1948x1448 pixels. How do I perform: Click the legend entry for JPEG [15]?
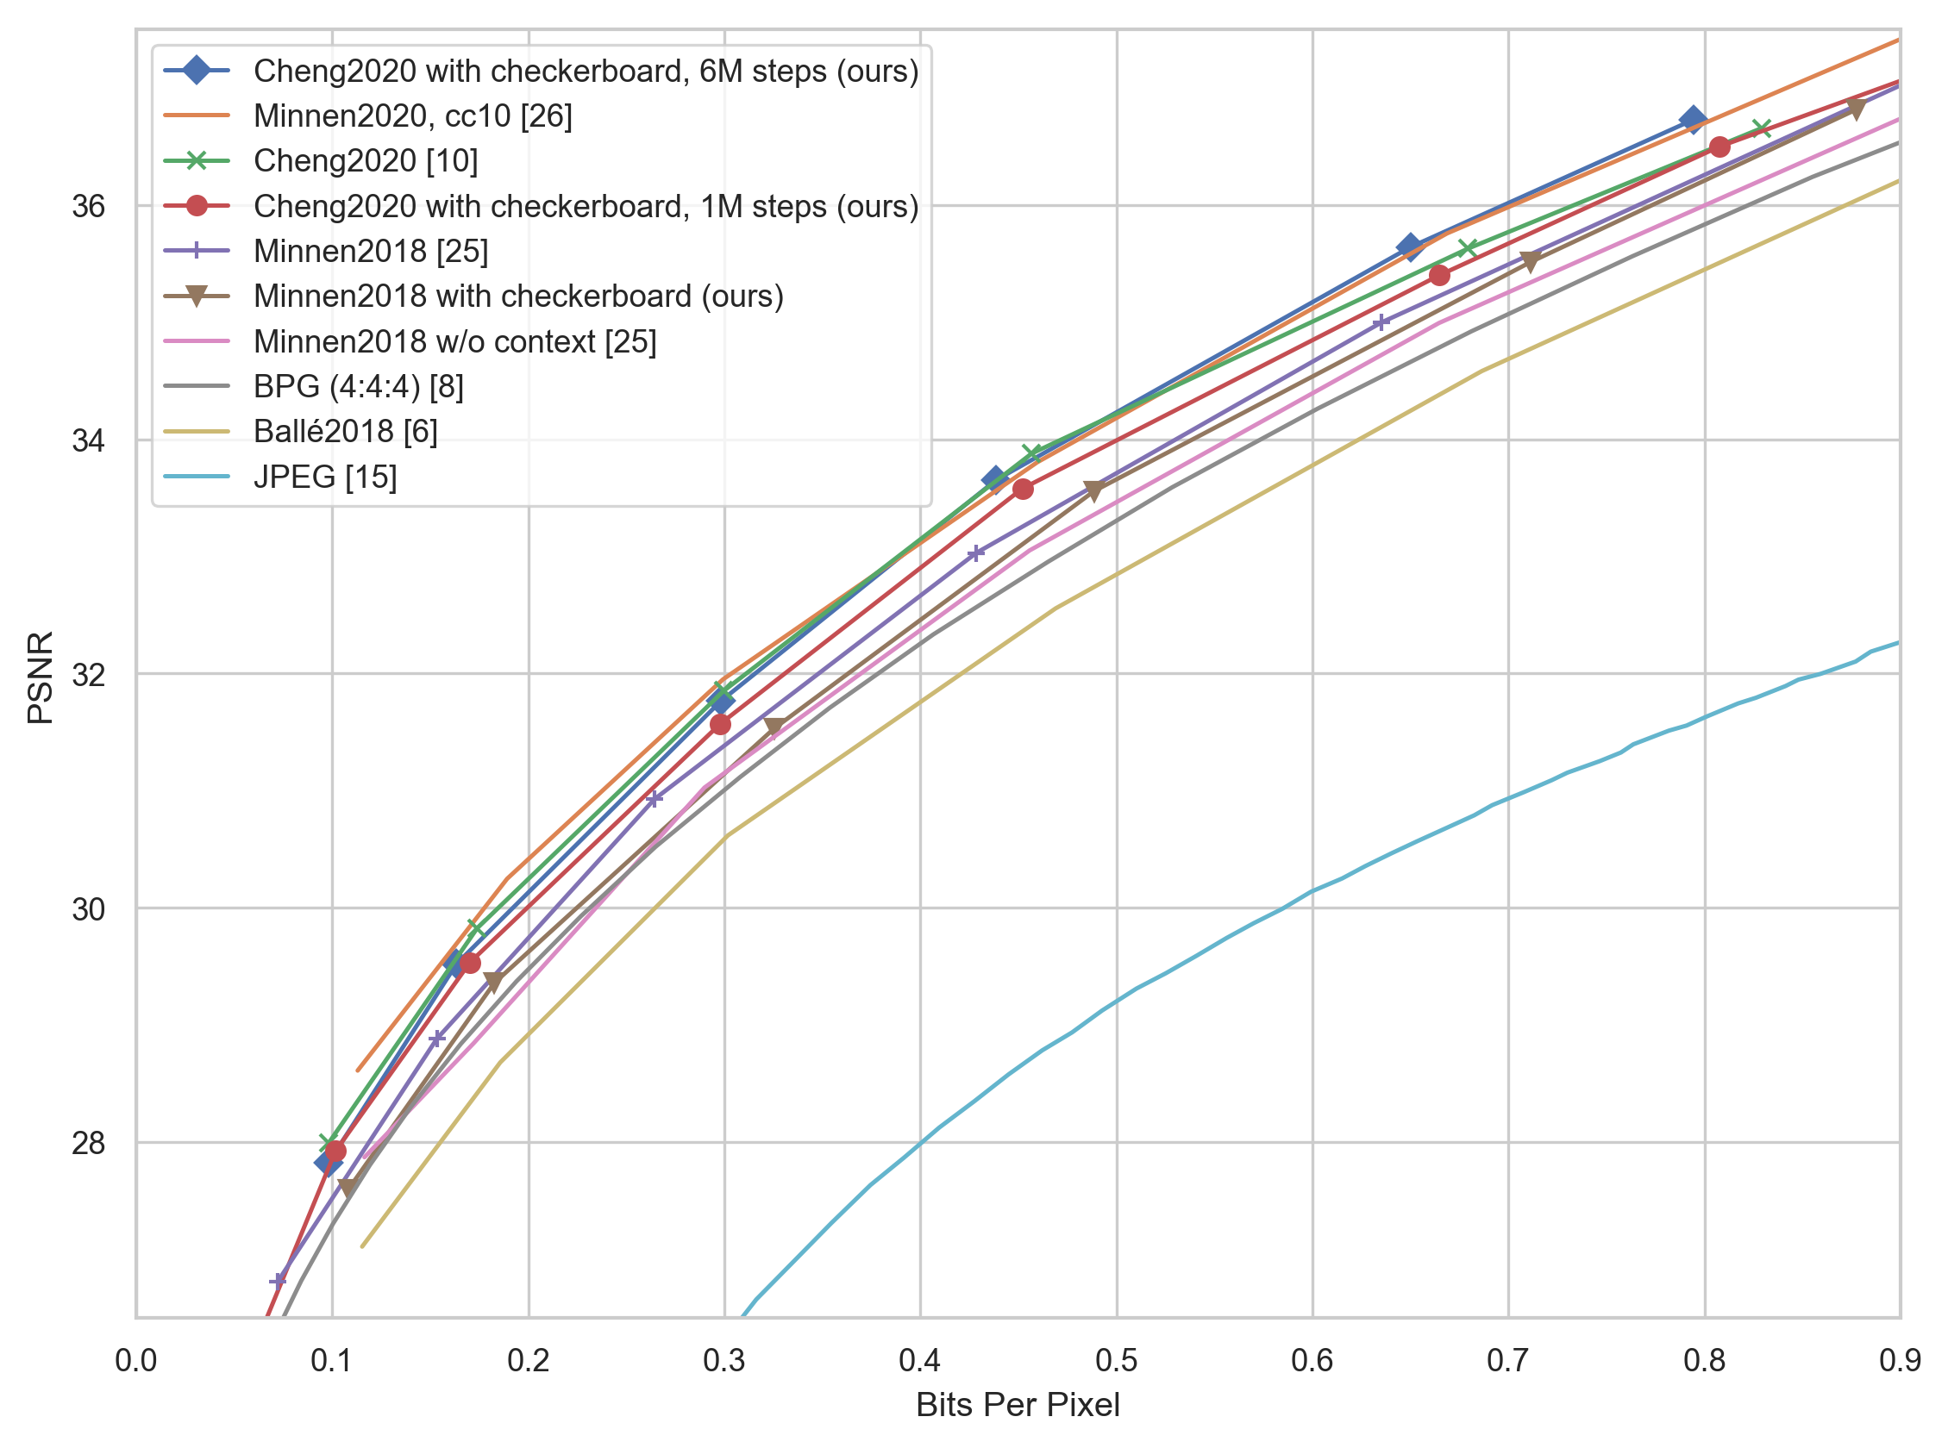click(324, 477)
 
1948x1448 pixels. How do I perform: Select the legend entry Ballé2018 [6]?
click(346, 432)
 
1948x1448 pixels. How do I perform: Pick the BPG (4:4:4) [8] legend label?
click(359, 386)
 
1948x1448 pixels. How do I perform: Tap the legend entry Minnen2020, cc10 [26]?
click(413, 115)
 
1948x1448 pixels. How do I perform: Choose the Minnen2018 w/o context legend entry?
click(455, 342)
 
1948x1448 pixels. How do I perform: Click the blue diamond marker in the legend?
click(197, 71)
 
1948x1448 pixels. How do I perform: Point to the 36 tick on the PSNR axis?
click(88, 207)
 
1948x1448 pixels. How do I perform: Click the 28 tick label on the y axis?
click(88, 1143)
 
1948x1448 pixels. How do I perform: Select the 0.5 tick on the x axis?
click(1116, 1361)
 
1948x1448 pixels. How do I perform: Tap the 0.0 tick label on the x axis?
click(136, 1361)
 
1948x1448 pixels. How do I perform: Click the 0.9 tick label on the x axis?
click(1900, 1361)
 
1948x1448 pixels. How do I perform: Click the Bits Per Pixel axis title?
click(1018, 1406)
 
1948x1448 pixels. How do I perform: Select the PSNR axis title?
click(41, 677)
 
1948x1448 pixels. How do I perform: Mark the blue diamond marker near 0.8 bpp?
click(1692, 120)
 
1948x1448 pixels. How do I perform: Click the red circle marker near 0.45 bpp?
click(1022, 489)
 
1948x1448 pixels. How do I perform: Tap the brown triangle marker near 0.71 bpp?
click(1530, 262)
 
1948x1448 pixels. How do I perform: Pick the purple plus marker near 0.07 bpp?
click(278, 1281)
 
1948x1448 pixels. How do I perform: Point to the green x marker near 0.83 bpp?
click(1761, 128)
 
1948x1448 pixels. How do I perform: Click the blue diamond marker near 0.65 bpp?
click(1410, 247)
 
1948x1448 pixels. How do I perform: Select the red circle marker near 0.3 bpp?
click(720, 724)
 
